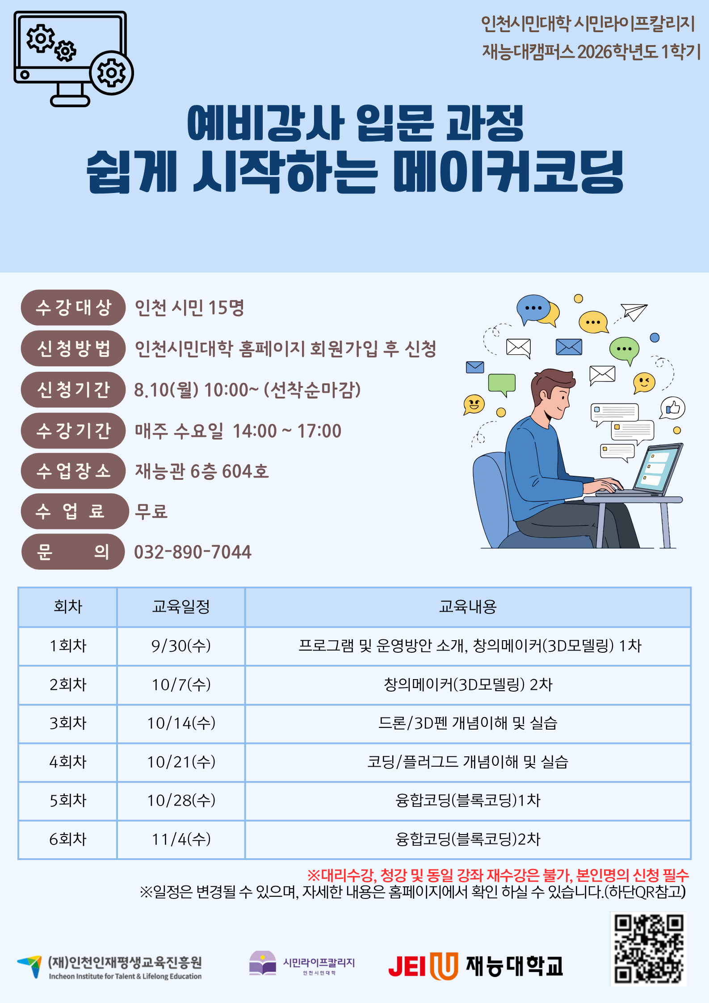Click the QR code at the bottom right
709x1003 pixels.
[x=648, y=949]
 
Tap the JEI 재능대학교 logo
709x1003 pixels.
[x=475, y=966]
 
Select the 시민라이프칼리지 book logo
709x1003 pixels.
[x=302, y=963]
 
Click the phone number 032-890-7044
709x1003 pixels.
[x=193, y=552]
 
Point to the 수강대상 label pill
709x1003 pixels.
[x=73, y=307]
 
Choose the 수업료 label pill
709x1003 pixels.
[x=73, y=511]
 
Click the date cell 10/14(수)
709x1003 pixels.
[x=181, y=723]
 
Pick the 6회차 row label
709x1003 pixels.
[x=68, y=839]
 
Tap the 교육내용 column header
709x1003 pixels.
[x=468, y=607]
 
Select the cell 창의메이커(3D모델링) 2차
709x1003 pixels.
[x=468, y=684]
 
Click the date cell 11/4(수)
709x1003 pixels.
[x=181, y=839]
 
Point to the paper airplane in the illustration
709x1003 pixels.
[x=634, y=311]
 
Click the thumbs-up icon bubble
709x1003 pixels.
[x=672, y=408]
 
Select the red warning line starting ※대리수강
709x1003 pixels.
[x=498, y=875]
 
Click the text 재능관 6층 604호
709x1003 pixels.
[x=202, y=471]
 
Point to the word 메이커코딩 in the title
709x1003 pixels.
[x=508, y=172]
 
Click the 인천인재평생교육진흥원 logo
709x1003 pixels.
[x=109, y=967]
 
